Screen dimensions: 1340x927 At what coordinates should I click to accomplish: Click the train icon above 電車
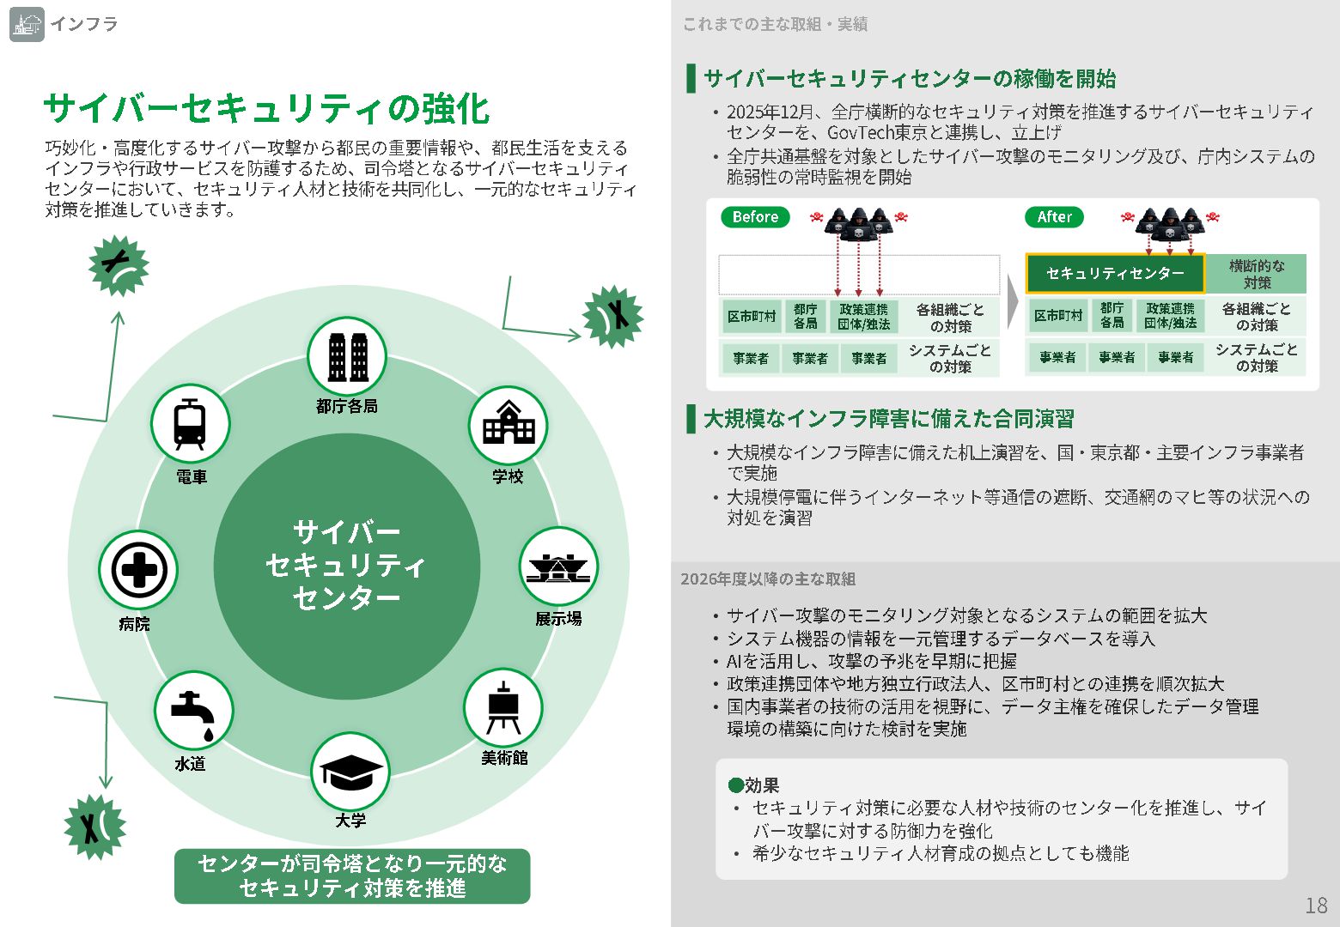point(190,424)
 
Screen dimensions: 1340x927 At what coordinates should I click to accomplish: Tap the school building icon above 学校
point(509,424)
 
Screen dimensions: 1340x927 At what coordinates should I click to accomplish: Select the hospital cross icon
point(138,570)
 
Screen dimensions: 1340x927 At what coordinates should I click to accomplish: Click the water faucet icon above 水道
point(193,712)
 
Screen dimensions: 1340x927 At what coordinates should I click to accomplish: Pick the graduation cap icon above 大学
point(350,772)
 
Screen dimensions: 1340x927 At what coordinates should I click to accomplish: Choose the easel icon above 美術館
point(502,708)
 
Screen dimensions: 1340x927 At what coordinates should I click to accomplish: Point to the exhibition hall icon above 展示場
point(558,567)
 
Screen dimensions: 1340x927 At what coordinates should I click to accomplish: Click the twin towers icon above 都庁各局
point(347,355)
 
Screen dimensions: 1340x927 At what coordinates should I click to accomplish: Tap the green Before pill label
point(755,217)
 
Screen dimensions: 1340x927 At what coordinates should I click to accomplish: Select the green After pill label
point(1054,217)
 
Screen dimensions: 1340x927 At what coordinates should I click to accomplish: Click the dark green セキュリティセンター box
point(1115,274)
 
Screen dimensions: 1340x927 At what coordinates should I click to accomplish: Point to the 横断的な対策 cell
point(1257,274)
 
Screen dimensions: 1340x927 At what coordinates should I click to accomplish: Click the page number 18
point(1316,906)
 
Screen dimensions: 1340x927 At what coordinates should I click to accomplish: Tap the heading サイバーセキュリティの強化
point(266,109)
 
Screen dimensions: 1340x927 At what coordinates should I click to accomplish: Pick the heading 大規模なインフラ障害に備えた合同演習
point(888,419)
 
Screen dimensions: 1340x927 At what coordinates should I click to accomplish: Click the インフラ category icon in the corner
point(27,24)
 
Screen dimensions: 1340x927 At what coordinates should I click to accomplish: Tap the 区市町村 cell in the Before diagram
point(752,317)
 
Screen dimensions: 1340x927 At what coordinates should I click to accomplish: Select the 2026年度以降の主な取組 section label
point(768,579)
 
